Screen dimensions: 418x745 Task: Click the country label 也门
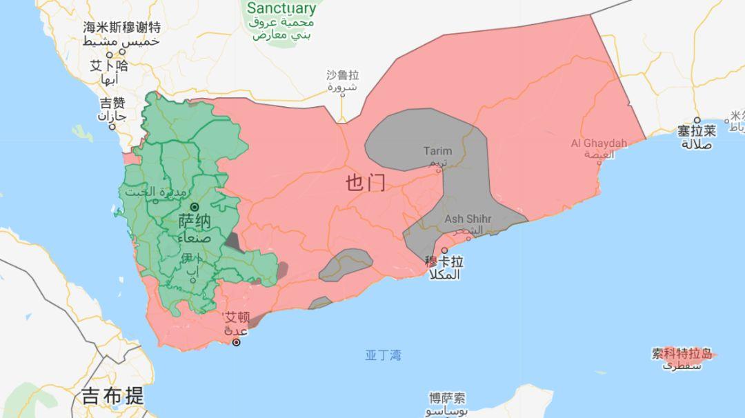pos(366,183)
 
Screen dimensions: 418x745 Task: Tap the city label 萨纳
pos(195,222)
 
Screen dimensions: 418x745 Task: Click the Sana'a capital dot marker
pos(195,207)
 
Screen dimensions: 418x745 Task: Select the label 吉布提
pos(113,396)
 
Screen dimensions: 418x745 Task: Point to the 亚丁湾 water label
pos(383,356)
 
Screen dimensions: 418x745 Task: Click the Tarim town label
pos(438,151)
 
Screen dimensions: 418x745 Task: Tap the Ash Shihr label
pos(468,219)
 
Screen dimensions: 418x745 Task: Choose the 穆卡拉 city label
pos(444,262)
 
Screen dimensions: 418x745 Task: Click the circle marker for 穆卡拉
pos(444,250)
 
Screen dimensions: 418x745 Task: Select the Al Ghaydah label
pos(599,143)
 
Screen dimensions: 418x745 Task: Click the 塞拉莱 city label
pos(696,131)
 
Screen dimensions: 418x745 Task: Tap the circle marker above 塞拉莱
pos(697,120)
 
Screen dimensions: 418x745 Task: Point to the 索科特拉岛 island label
pos(682,354)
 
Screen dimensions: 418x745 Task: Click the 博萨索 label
pos(447,399)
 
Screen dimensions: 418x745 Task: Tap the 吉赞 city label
pos(112,103)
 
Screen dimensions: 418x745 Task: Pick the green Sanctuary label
pos(281,9)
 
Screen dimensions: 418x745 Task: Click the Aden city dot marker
pos(237,342)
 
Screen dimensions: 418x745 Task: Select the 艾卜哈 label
pos(109,66)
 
